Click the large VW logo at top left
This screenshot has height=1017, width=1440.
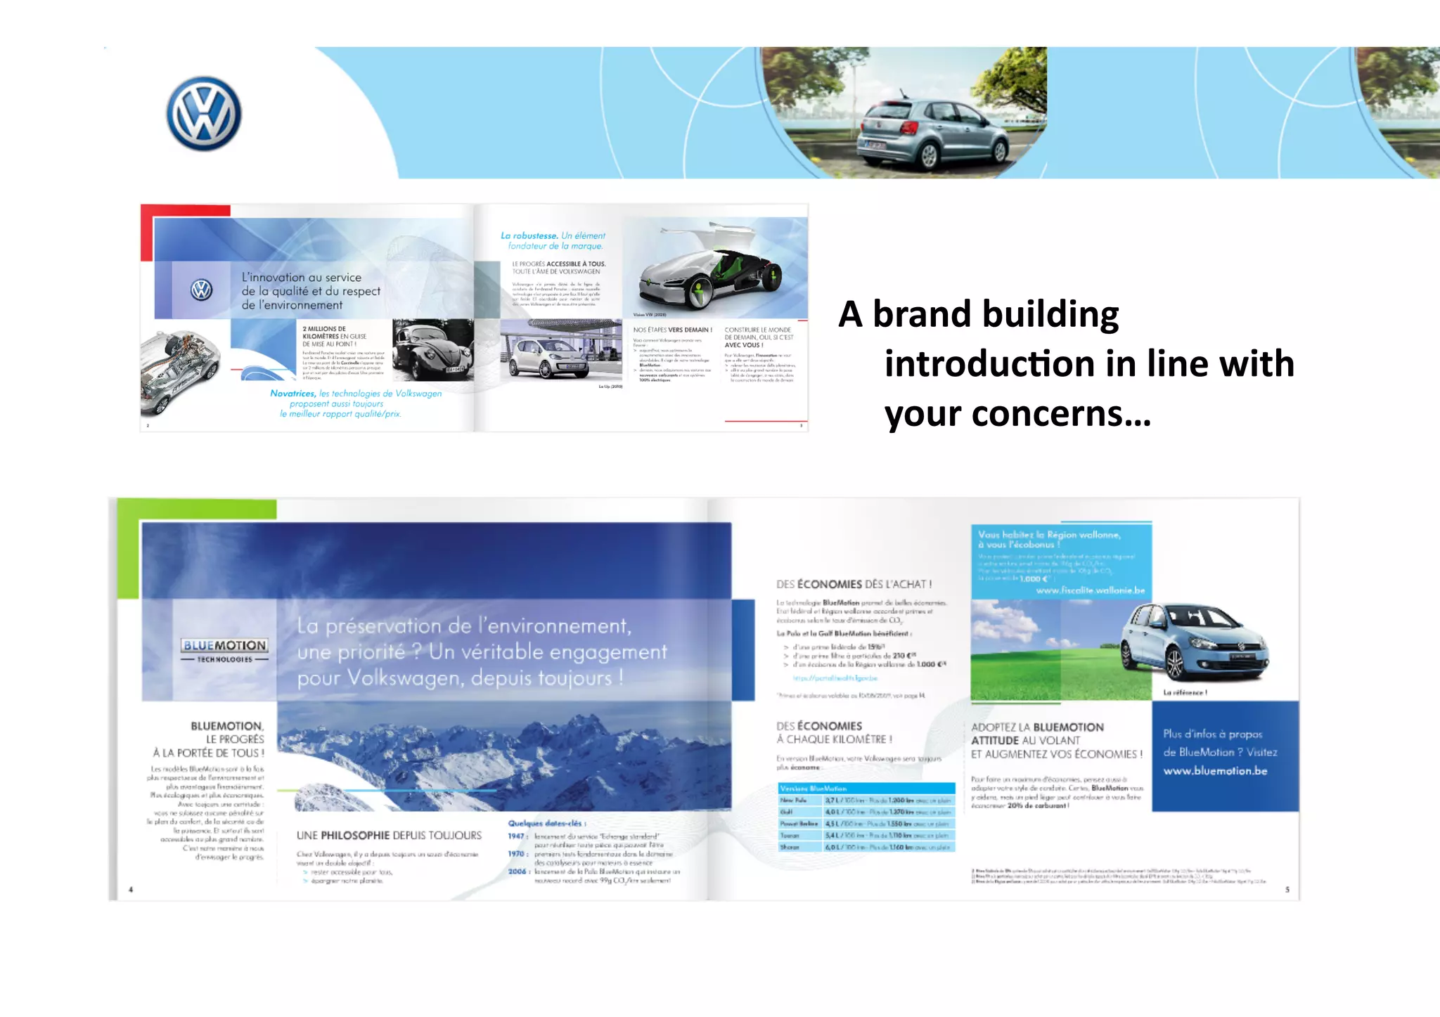204,113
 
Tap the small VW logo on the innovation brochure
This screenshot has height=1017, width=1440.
201,290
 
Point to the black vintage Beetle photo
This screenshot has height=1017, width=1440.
432,349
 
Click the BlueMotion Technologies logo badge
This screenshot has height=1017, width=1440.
224,649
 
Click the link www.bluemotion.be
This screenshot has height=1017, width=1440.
1215,771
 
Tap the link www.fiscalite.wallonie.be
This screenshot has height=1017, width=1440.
1090,590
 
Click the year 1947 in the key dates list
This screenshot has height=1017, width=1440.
517,836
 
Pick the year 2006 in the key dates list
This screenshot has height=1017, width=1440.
517,872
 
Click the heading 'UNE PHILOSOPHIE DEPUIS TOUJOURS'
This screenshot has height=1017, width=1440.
389,836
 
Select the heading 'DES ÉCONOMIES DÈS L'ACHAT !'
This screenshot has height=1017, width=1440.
854,584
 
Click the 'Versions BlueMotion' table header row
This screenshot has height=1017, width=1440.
866,789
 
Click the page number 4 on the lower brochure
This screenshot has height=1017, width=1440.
131,890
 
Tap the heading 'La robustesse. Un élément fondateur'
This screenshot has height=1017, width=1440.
553,240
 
